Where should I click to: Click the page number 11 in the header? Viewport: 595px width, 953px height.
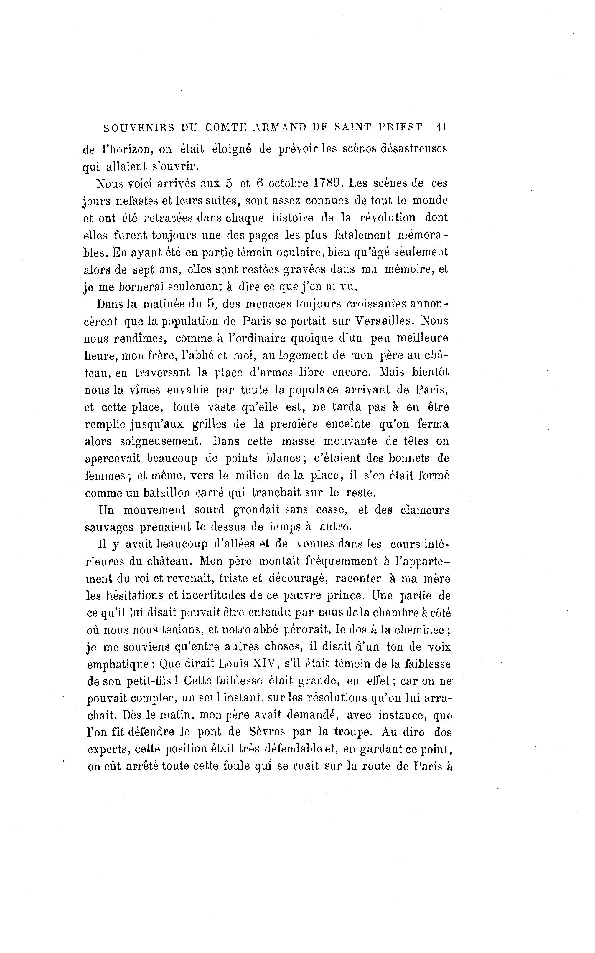(441, 128)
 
